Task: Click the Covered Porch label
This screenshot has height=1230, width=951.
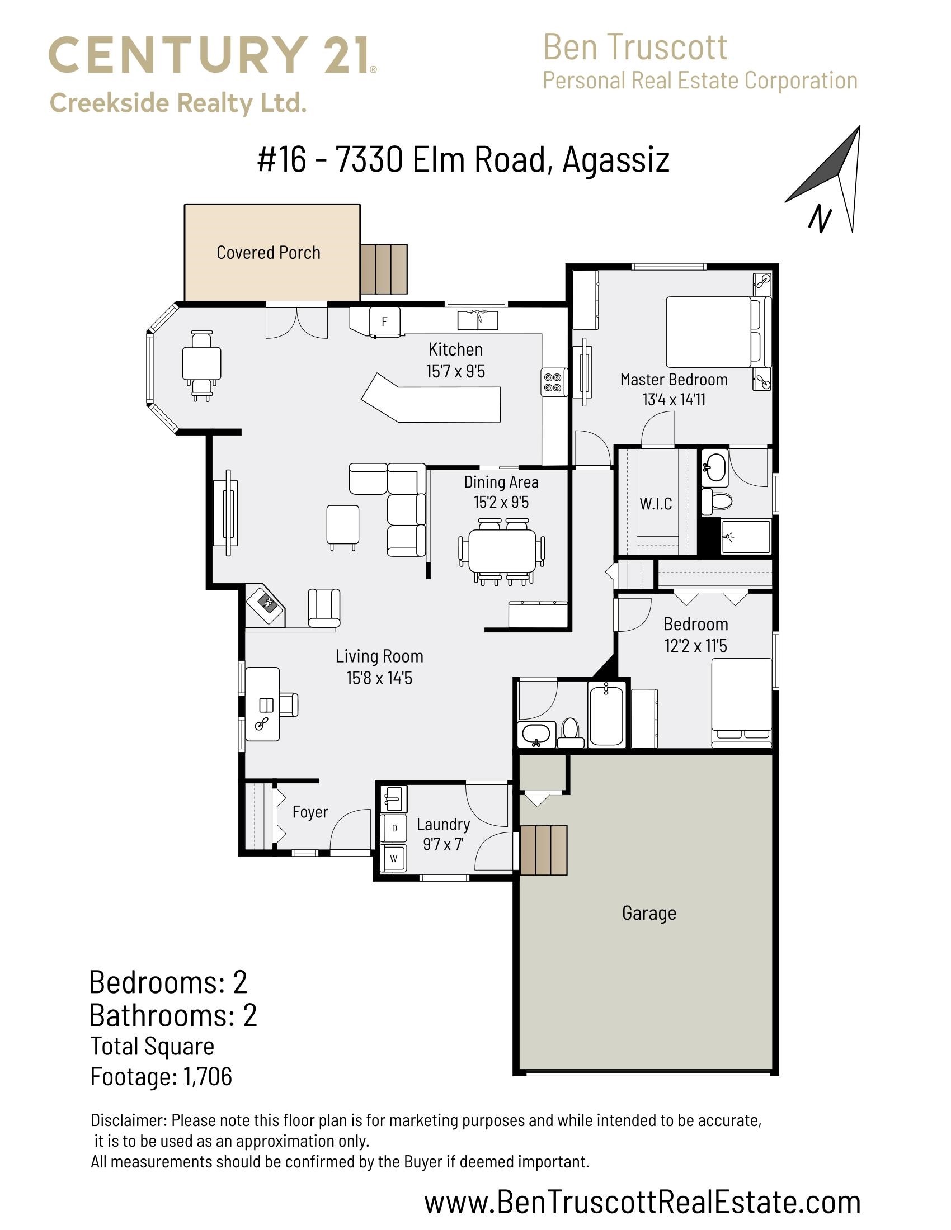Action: (x=268, y=253)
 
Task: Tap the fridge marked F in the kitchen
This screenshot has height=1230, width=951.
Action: (x=385, y=321)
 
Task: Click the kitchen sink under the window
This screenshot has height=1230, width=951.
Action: (x=477, y=320)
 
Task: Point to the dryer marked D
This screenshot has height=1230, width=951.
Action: (x=394, y=828)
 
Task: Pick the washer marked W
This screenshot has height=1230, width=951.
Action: (x=394, y=859)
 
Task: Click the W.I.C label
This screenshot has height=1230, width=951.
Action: (x=656, y=504)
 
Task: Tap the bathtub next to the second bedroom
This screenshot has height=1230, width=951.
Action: (x=606, y=715)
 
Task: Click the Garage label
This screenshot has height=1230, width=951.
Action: (x=649, y=913)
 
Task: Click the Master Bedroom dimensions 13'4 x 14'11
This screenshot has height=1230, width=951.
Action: (x=674, y=399)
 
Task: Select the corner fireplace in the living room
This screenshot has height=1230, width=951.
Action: (x=266, y=606)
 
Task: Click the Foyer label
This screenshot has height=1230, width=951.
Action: (x=310, y=812)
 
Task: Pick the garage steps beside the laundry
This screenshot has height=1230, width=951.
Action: (x=544, y=850)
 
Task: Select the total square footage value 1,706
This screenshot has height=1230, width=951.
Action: (x=208, y=1077)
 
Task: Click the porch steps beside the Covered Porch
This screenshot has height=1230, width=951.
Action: (x=384, y=269)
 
